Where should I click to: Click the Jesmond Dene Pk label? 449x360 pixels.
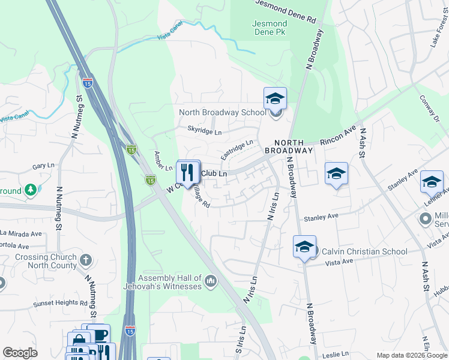tap(270, 28)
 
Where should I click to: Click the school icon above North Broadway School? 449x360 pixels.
tap(275, 98)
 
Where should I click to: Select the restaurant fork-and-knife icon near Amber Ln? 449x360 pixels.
tap(188, 172)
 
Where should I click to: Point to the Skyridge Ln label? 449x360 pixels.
tap(204, 131)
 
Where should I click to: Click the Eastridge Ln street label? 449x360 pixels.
tap(237, 149)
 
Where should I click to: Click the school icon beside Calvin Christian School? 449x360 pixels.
tap(304, 247)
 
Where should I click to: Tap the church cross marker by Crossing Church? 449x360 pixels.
tap(86, 260)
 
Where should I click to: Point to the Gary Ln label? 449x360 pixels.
tap(43, 166)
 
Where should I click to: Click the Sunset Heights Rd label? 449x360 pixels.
tap(60, 304)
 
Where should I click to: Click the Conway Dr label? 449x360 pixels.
tap(430, 109)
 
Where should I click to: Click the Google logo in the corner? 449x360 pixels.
tap(20, 353)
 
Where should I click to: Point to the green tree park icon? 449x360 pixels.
tap(30, 191)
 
